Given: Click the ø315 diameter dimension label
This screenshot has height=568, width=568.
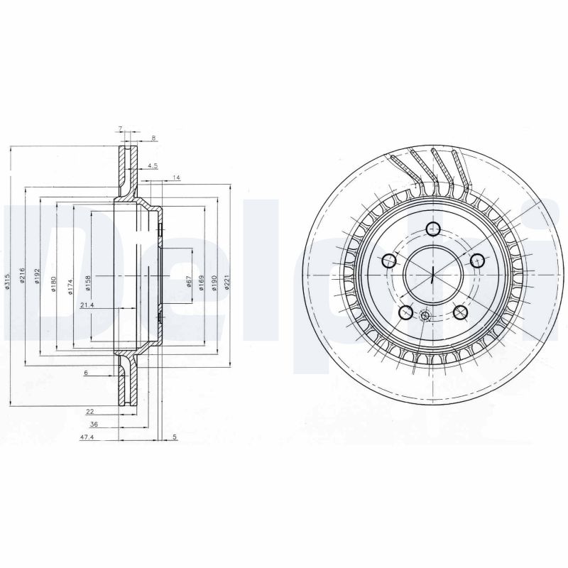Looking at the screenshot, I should coord(7,281).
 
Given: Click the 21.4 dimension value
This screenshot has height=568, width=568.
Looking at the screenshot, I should coord(87,305).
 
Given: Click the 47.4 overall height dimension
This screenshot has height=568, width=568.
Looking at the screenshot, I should coord(87,439).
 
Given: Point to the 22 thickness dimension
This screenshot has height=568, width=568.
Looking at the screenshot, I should coord(90,411).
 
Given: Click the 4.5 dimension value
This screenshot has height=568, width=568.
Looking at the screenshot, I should coord(152,166).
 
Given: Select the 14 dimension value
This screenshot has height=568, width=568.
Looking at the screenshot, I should coord(176,177).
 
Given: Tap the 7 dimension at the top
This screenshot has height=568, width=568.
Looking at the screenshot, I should coord(120,129).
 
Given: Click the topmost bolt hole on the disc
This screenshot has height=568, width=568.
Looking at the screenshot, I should coord(433,228).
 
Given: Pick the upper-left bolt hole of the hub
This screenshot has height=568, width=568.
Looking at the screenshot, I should coord(389,261).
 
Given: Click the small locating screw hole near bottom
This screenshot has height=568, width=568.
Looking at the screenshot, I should coord(425,317).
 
